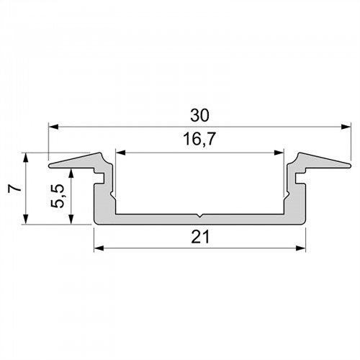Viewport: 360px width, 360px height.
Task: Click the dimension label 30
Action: coord(199,115)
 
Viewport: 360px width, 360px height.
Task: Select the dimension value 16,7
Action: coord(199,140)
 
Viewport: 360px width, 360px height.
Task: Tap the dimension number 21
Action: coord(200,237)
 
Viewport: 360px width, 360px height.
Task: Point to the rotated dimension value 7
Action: coord(14,189)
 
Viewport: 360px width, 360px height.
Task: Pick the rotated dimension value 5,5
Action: coord(58,197)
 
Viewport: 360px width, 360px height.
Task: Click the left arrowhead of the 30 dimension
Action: coord(53,127)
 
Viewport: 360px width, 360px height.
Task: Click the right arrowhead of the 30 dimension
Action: coord(346,127)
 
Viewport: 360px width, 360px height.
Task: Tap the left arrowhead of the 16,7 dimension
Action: coord(120,153)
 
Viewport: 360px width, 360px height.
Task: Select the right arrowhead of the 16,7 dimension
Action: coord(279,153)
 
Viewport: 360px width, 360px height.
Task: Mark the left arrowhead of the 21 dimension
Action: coord(99,248)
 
